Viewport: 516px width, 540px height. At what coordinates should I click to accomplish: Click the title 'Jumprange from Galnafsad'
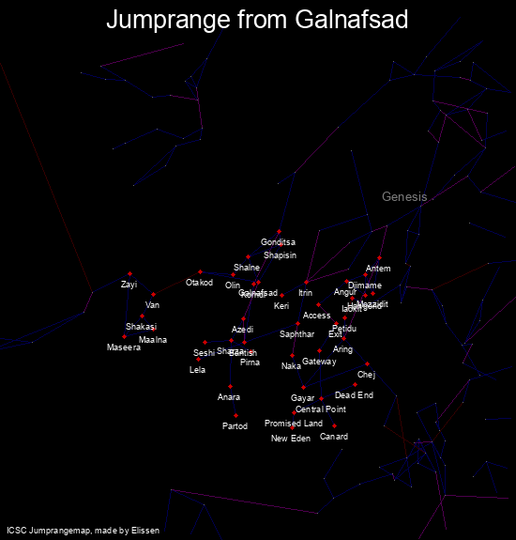coord(257,20)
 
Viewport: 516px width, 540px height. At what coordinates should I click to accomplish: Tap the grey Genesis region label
coord(404,196)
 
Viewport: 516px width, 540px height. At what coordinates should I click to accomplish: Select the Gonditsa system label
coord(278,242)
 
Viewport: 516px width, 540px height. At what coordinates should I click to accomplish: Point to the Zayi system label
coord(129,284)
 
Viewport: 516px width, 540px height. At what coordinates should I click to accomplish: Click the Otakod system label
coord(199,283)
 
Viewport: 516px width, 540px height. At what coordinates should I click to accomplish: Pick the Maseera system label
coord(124,347)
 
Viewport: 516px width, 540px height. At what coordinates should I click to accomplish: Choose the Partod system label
coord(235,426)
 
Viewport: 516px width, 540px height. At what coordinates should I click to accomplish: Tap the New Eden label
coord(291,439)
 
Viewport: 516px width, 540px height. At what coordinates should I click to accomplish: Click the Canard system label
coord(334,437)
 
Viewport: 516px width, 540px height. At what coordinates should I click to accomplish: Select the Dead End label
coord(354,395)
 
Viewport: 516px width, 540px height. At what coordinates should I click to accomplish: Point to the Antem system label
coord(378,270)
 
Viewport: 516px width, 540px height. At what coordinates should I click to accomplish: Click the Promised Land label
coord(294,424)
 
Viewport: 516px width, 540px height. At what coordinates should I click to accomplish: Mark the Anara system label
coord(229,397)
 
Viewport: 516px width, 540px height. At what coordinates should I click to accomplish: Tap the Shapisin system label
coord(280,255)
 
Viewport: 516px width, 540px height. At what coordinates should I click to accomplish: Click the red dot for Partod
coord(235,415)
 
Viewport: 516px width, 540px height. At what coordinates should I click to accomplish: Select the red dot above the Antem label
coord(379,257)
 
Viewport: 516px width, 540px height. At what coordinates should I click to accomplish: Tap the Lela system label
coord(197,370)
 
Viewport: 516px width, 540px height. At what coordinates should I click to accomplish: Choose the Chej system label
coord(366,375)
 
